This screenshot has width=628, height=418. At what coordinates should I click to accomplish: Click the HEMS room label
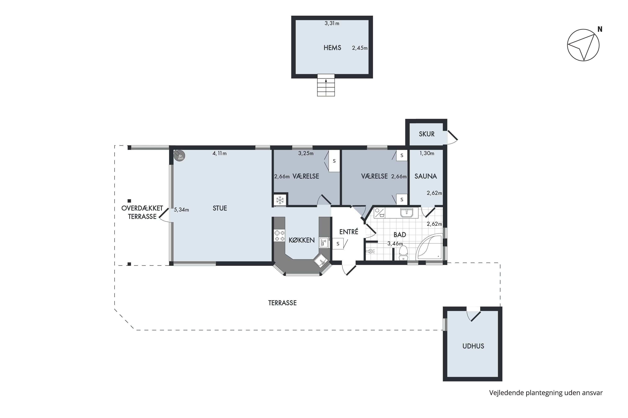332,48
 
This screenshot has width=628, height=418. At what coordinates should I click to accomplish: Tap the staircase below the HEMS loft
326,85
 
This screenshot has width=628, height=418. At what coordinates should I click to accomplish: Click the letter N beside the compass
600,29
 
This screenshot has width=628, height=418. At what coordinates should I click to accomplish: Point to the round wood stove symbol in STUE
179,156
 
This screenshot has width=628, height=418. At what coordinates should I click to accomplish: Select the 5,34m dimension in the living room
181,210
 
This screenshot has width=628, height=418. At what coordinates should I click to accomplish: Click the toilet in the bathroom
403,253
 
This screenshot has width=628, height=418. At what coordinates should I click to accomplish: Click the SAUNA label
426,176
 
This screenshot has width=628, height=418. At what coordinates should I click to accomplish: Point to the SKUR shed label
426,134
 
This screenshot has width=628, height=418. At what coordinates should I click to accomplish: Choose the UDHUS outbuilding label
473,346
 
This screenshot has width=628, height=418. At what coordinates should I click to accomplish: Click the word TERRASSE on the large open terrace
282,303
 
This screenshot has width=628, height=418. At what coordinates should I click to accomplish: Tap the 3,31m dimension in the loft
332,23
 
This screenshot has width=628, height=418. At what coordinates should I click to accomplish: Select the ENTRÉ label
349,232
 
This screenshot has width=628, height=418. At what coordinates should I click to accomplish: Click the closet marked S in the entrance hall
338,244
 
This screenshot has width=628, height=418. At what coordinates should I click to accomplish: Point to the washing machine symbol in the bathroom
379,213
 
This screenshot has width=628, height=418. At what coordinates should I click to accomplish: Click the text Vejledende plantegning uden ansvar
546,393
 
